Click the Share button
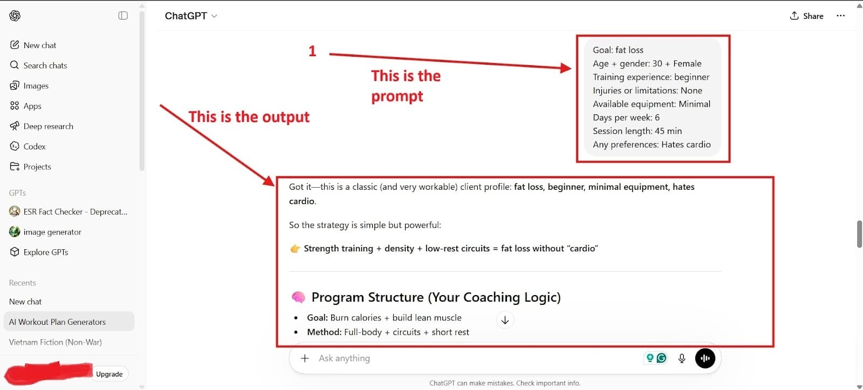(807, 16)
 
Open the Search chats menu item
(45, 65)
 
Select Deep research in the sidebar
(48, 126)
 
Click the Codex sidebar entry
(34, 146)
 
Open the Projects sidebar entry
(37, 167)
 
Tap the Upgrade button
(109, 374)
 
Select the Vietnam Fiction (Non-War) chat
(55, 342)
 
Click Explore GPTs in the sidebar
(45, 252)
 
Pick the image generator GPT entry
(52, 232)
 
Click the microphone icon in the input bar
(682, 358)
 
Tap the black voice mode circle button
(705, 358)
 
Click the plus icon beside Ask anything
(305, 358)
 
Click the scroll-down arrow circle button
(505, 320)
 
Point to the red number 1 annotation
(312, 51)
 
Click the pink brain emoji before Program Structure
(298, 297)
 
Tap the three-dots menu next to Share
(840, 16)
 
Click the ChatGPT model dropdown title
(191, 16)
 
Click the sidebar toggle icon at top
(123, 16)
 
